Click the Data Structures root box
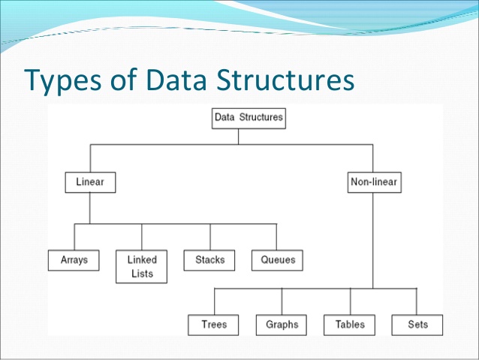point(249,117)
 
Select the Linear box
point(89,182)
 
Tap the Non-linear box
point(373,182)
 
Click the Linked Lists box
point(142,267)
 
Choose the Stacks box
point(209,260)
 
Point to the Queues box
point(278,260)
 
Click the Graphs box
point(282,325)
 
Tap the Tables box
point(349,325)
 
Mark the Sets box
point(417,325)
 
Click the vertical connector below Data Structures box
point(238,135)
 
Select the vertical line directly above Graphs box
point(282,301)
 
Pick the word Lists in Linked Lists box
point(142,274)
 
